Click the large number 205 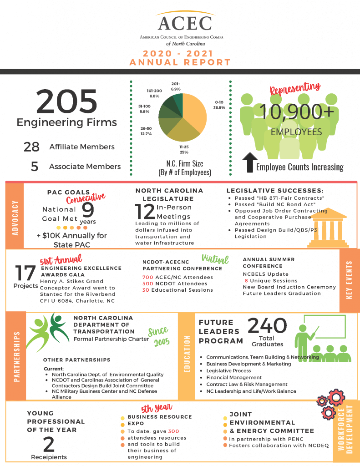(66, 101)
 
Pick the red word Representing (295, 88)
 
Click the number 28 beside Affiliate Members (31, 147)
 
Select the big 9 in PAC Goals (88, 210)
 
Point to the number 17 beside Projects (25, 273)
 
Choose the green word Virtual (215, 259)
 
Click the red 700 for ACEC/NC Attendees (147, 277)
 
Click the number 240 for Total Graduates (267, 325)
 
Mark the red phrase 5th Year (157, 407)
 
